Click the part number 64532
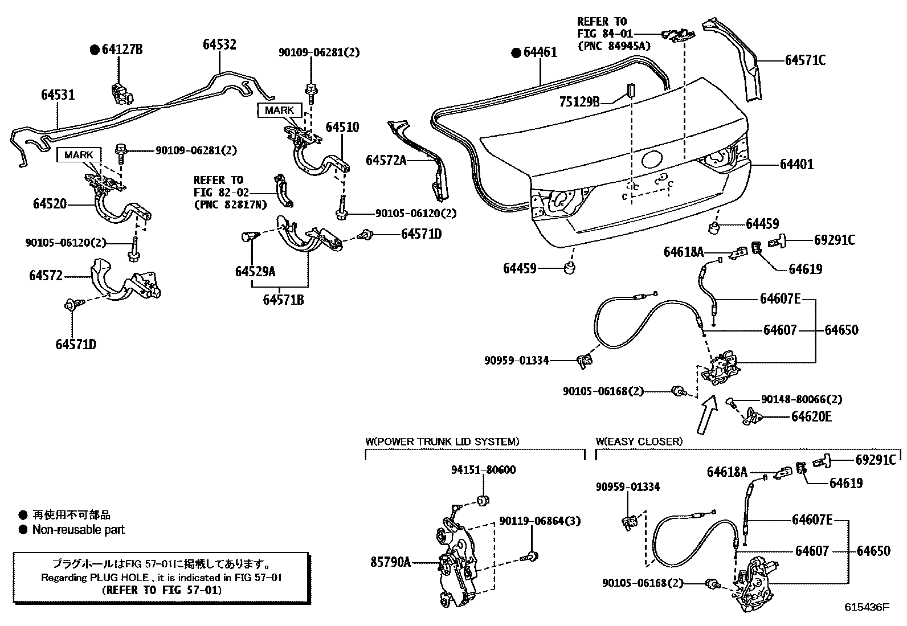[219, 44]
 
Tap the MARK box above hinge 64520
[78, 154]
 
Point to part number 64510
[342, 126]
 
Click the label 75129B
[579, 101]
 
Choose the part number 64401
[796, 165]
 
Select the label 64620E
[811, 417]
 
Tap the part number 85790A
[391, 562]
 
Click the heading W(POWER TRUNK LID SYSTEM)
[442, 441]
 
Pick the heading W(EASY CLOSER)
[639, 441]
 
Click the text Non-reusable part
[78, 530]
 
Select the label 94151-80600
[484, 470]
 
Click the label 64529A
[255, 272]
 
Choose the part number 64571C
[805, 60]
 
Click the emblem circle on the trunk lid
[651, 160]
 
